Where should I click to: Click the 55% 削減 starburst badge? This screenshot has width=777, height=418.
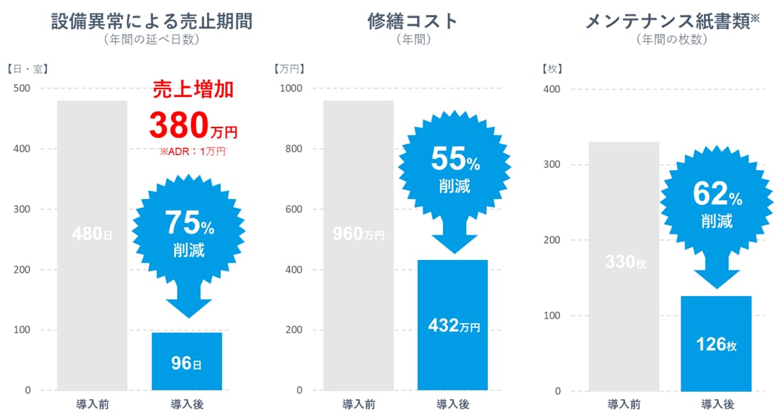(x=454, y=170)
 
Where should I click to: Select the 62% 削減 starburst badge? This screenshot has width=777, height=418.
(x=717, y=205)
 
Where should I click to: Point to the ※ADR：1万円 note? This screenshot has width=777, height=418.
(x=193, y=151)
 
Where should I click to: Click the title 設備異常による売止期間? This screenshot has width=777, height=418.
(x=152, y=21)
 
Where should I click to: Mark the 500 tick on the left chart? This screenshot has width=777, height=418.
(x=23, y=89)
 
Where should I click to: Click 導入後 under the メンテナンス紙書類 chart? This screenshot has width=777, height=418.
(x=717, y=405)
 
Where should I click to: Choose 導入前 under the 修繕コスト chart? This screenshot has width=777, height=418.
(x=359, y=405)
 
